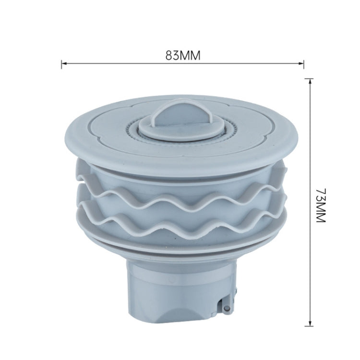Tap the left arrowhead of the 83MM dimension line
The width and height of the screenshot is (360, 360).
pos(63,62)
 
